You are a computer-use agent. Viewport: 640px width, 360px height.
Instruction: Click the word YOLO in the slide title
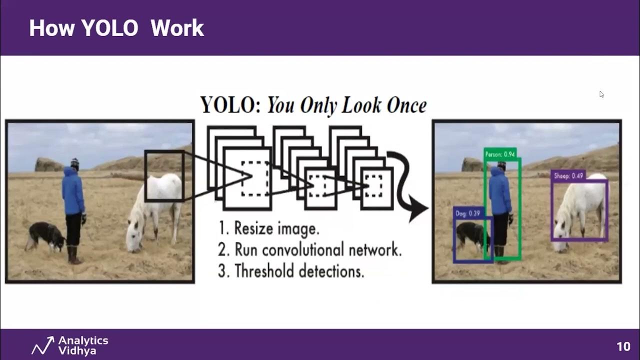click(x=109, y=28)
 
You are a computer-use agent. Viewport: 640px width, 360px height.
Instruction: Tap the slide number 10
click(x=623, y=346)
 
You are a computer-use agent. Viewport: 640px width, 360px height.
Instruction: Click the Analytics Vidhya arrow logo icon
click(x=42, y=345)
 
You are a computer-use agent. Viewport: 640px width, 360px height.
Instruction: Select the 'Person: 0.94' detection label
click(x=500, y=154)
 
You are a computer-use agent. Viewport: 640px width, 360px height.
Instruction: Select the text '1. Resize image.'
click(x=268, y=229)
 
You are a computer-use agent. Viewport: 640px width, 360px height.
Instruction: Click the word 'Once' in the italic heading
click(x=406, y=105)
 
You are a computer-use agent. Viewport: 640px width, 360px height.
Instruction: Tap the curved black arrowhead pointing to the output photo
click(x=417, y=210)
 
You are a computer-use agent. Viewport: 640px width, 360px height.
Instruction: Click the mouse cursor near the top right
click(x=601, y=94)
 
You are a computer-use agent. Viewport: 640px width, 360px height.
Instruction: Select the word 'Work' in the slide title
click(x=177, y=28)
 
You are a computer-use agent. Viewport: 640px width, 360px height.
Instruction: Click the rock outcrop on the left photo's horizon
click(x=48, y=164)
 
